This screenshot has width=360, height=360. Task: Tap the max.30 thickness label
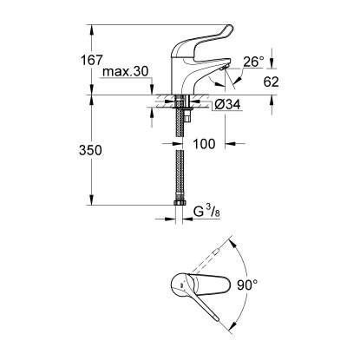point(125,71)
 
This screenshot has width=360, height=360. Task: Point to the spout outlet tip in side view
point(224,76)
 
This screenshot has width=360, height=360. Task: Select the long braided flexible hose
point(180,173)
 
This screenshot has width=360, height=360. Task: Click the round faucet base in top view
point(181,287)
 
